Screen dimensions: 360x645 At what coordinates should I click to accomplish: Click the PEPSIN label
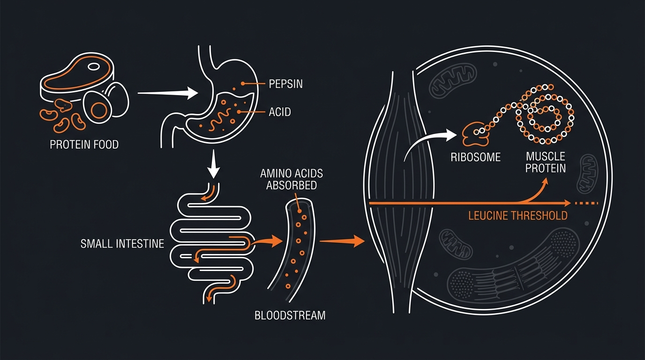(x=285, y=84)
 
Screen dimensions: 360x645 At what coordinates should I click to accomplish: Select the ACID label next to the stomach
(x=279, y=112)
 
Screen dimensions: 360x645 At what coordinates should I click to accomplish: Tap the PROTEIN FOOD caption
(x=84, y=144)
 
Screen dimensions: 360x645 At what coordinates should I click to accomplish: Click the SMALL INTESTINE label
(x=122, y=244)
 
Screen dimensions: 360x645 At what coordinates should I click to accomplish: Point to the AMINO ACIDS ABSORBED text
(x=292, y=179)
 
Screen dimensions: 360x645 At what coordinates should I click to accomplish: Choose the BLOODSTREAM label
(x=290, y=315)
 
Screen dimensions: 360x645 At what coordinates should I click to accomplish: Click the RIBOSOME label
(x=475, y=157)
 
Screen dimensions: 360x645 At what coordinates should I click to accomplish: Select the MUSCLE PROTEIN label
(x=545, y=162)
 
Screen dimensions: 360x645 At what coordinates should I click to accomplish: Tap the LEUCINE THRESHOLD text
(x=518, y=216)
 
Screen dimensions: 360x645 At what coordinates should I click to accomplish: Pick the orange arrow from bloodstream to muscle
(x=342, y=241)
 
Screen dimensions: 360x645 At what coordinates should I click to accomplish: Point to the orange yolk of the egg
(x=99, y=110)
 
